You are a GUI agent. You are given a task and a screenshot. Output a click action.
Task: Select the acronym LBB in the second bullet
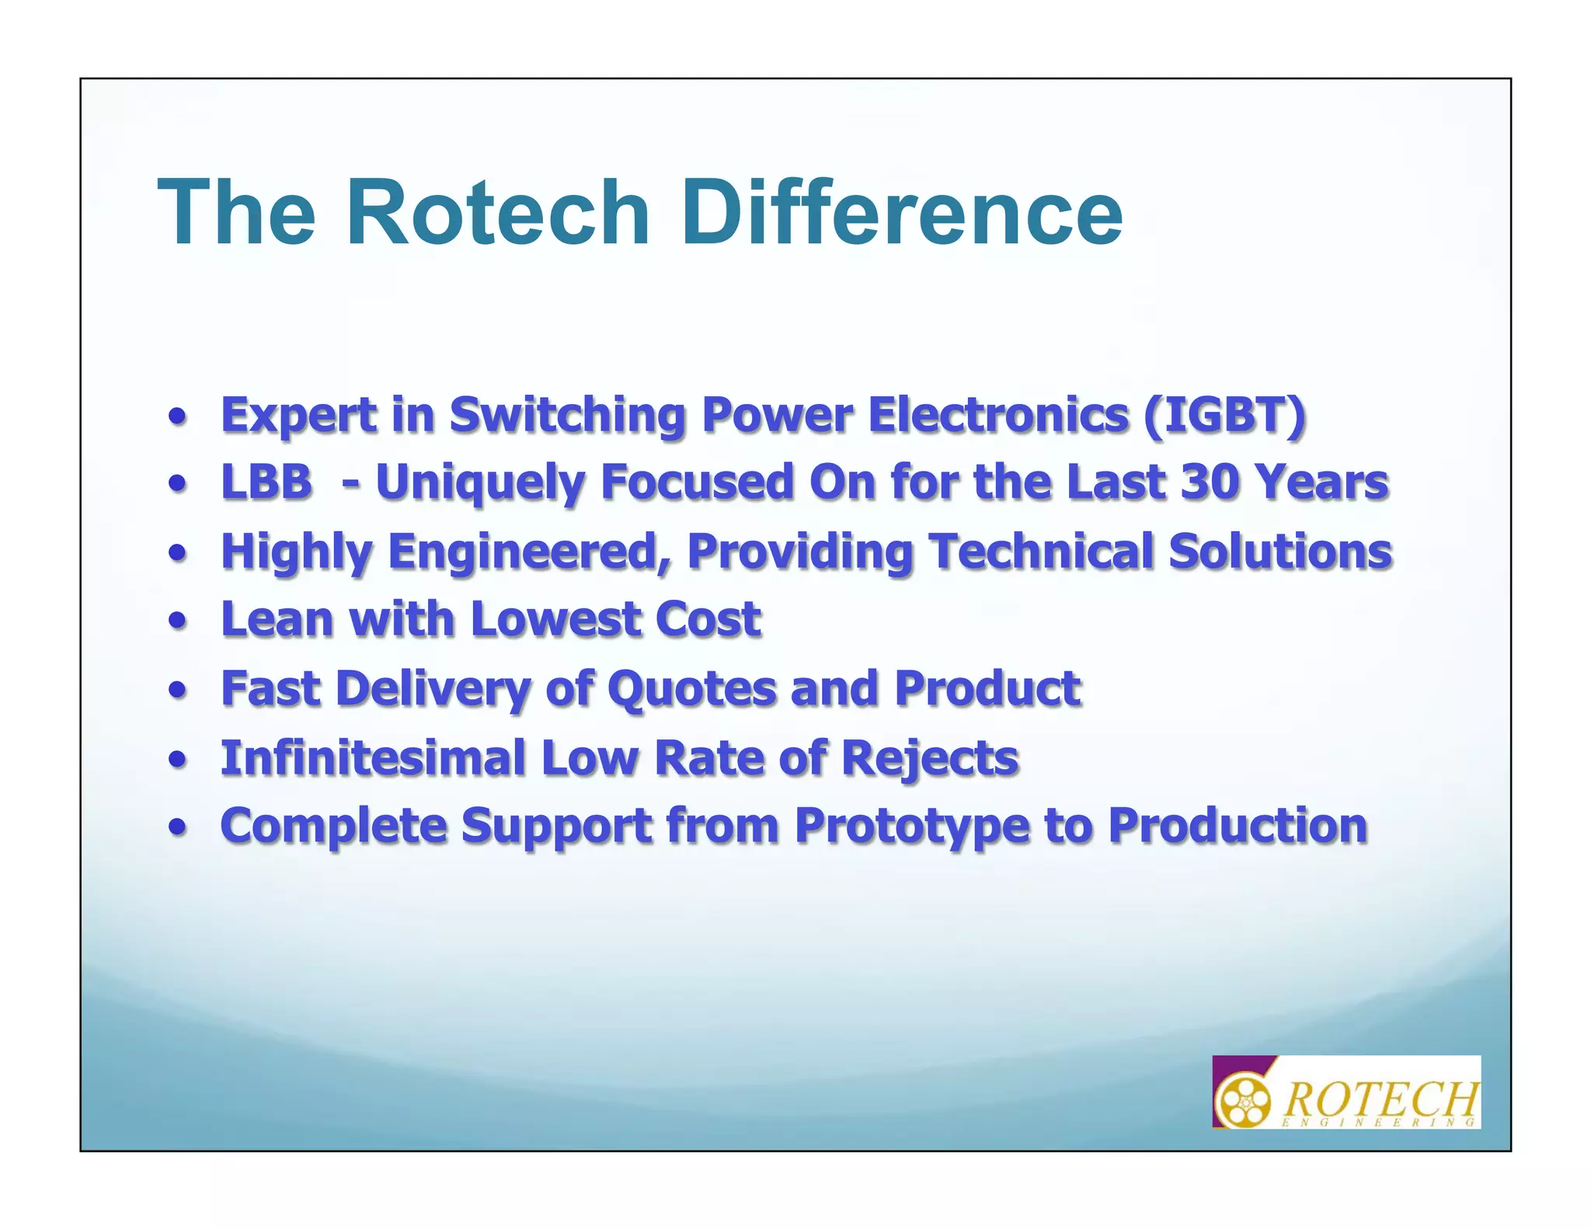[x=266, y=482]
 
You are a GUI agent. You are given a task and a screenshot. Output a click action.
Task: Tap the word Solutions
[x=1279, y=552]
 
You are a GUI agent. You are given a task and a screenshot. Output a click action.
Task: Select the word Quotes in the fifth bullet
[x=691, y=688]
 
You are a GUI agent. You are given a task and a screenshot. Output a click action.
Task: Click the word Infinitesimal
[x=373, y=757]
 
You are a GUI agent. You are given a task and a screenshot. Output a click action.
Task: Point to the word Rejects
[x=929, y=757]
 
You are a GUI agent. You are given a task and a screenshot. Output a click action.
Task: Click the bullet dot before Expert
[x=179, y=418]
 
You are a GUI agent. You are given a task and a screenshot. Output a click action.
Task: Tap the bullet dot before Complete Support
[x=179, y=828]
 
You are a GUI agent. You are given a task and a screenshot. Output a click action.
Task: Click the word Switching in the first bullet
[x=567, y=415]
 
